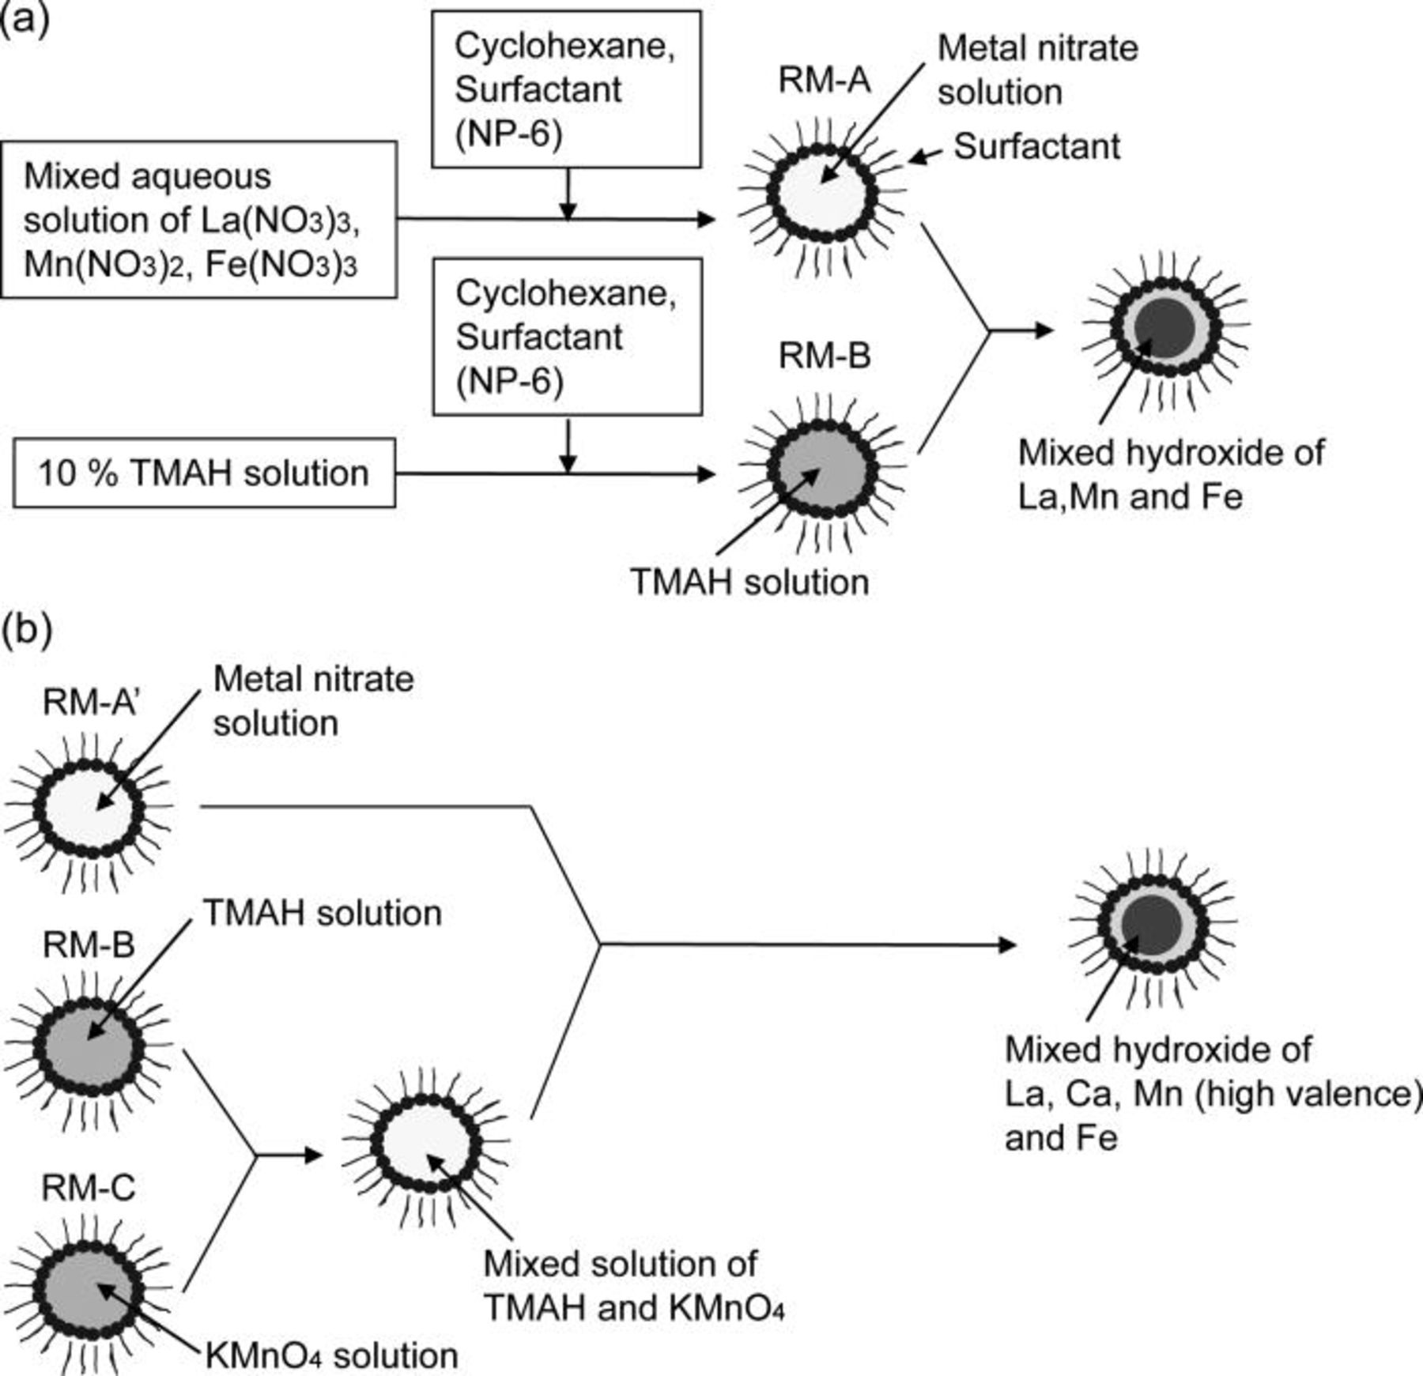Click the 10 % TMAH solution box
pyautogui.click(x=204, y=473)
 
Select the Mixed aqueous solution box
pyautogui.click(x=198, y=220)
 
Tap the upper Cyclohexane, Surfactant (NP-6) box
pyautogui.click(x=566, y=89)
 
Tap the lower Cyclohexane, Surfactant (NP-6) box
pyautogui.click(x=567, y=337)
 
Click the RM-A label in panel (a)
pyautogui.click(x=825, y=81)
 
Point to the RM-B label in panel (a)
pyautogui.click(x=825, y=356)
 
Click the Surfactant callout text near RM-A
pyautogui.click(x=1036, y=147)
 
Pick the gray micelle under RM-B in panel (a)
pyautogui.click(x=822, y=469)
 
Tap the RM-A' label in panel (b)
pyautogui.click(x=90, y=702)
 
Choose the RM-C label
pyautogui.click(x=89, y=1187)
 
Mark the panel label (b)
pyautogui.click(x=26, y=630)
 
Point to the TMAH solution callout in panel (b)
pyautogui.click(x=323, y=914)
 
